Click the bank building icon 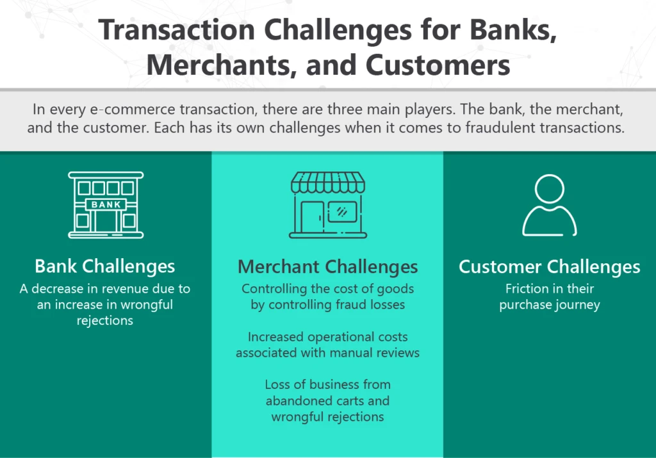pos(106,204)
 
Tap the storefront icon pos(328,204)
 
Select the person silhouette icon pos(549,205)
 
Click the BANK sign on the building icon pos(106,204)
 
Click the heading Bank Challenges pos(105,266)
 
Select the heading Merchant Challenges pos(327,266)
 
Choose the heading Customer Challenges pos(549,266)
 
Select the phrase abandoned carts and pos(327,401)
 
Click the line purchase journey pos(549,305)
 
